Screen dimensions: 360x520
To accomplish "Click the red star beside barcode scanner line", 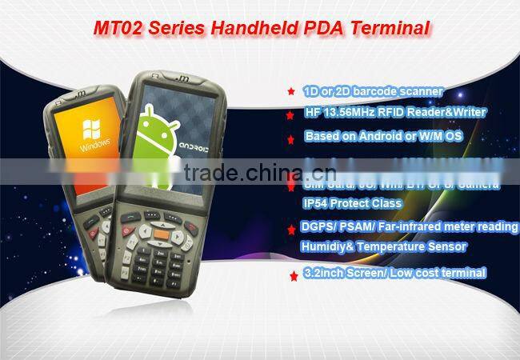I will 290,93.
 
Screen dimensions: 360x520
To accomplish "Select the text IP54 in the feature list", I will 318,203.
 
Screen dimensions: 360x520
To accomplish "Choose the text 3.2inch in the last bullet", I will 326,273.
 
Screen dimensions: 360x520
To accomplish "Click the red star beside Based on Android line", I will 290,138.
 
